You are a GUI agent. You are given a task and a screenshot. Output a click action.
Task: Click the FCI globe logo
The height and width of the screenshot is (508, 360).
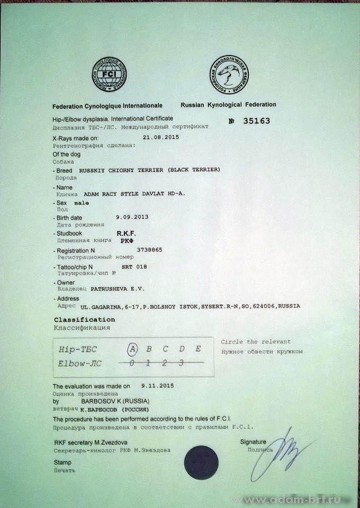point(110,72)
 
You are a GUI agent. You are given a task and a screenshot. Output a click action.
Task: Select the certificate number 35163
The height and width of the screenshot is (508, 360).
point(256,121)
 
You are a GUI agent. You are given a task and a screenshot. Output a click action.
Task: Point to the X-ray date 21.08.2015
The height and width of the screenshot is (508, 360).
point(161,137)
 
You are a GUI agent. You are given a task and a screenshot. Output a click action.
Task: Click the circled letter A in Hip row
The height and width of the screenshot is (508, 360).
point(132,349)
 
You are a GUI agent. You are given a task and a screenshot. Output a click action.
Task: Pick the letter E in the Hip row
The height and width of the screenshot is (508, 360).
point(198,349)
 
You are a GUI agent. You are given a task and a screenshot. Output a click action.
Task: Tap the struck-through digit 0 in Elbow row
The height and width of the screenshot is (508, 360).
point(132,363)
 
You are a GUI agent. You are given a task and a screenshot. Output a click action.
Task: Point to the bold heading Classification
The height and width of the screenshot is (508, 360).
point(84,320)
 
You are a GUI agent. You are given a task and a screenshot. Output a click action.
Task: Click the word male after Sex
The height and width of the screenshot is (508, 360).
point(82,203)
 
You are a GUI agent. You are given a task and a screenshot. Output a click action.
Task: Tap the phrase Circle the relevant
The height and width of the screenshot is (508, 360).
point(255,342)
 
